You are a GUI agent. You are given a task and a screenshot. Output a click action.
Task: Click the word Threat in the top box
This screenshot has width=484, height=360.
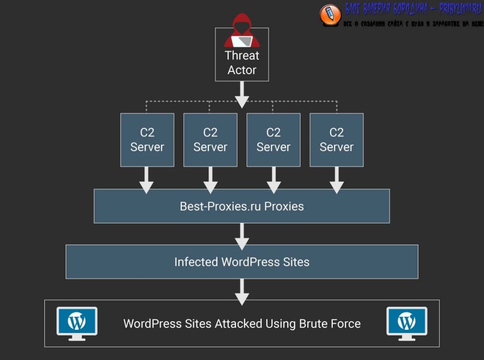click(x=242, y=56)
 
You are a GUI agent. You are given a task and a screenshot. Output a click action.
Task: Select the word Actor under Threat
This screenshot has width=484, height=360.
click(x=242, y=70)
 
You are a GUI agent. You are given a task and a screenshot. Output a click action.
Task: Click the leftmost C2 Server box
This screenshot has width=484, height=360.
click(x=147, y=140)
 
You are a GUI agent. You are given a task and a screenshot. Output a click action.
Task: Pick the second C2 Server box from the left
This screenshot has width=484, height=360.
click(x=210, y=140)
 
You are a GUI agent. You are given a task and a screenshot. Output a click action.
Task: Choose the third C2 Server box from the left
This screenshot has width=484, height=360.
click(x=273, y=140)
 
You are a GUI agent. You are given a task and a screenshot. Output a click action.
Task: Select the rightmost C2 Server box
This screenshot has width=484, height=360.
click(x=337, y=140)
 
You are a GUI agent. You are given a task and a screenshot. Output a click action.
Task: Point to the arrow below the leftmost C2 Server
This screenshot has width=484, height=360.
click(x=147, y=180)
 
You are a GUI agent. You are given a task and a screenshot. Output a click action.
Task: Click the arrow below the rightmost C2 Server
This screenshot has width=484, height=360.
click(x=337, y=180)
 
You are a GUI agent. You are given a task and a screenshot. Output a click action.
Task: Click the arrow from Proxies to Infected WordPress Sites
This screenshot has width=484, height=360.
click(x=242, y=236)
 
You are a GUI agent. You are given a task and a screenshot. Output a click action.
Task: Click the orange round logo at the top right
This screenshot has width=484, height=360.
click(x=330, y=14)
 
